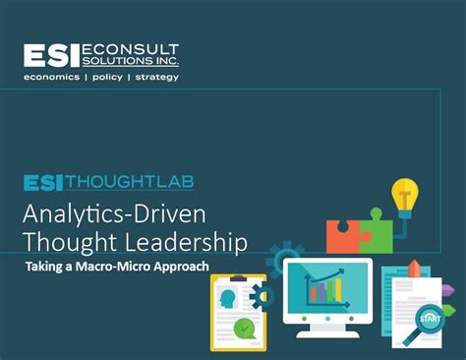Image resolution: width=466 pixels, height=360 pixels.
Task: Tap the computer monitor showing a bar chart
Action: [x=327, y=292]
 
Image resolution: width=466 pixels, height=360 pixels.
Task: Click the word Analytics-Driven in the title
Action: [x=108, y=213]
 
